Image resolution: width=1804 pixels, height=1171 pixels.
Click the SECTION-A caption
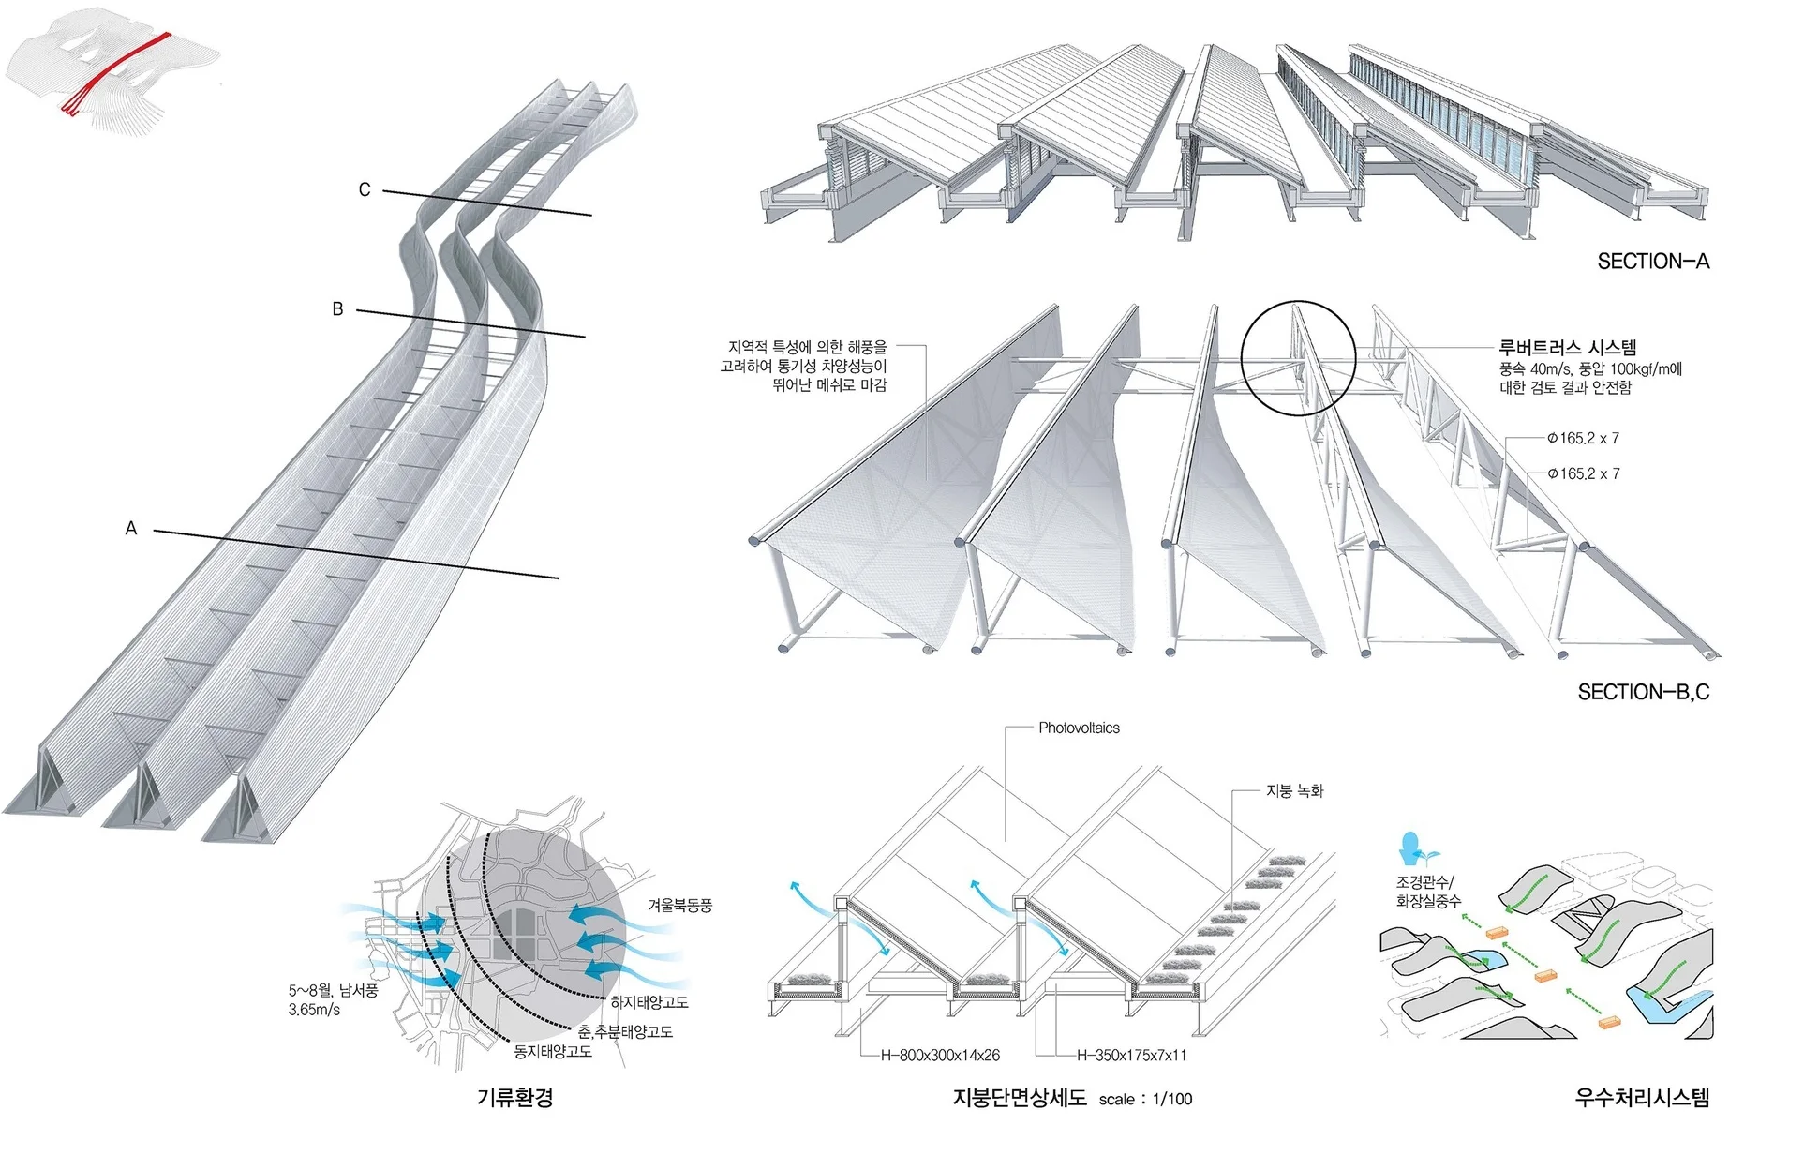click(x=1652, y=262)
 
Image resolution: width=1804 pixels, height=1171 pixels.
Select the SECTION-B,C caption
click(x=1643, y=693)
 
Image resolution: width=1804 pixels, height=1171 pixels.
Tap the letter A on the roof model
click(x=131, y=529)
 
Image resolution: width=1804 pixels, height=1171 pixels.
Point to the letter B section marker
click(x=337, y=308)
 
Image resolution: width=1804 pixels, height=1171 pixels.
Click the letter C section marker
click(x=365, y=189)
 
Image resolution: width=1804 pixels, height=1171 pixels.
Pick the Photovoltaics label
click(x=1079, y=728)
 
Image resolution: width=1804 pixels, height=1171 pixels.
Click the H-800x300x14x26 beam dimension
click(x=940, y=1056)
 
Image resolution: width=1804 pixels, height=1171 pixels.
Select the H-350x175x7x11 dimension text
click(x=1131, y=1056)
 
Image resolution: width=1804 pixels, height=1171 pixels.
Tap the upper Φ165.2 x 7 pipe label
click(x=1584, y=438)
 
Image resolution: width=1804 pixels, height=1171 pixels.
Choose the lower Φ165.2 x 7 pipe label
click(x=1584, y=473)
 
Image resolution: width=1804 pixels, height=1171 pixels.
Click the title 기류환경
click(x=514, y=1097)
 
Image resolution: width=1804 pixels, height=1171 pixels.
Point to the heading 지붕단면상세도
click(x=1020, y=1098)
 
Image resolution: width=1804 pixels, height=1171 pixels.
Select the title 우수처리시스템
click(x=1642, y=1098)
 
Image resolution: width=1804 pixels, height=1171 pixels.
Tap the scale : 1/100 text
click(x=1145, y=1100)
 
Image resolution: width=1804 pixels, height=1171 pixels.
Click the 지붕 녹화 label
click(x=1294, y=791)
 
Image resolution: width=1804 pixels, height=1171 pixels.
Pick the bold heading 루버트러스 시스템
click(x=1567, y=348)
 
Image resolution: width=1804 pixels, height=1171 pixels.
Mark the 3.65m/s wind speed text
click(x=314, y=1010)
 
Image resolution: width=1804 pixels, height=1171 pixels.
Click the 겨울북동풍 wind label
click(x=679, y=906)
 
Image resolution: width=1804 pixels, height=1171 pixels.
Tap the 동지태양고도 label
click(x=553, y=1052)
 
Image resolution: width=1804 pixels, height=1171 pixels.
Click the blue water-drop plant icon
click(x=1411, y=849)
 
